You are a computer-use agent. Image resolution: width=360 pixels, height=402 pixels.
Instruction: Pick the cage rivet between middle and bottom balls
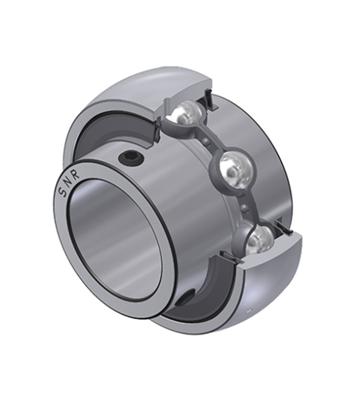click(x=245, y=207)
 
